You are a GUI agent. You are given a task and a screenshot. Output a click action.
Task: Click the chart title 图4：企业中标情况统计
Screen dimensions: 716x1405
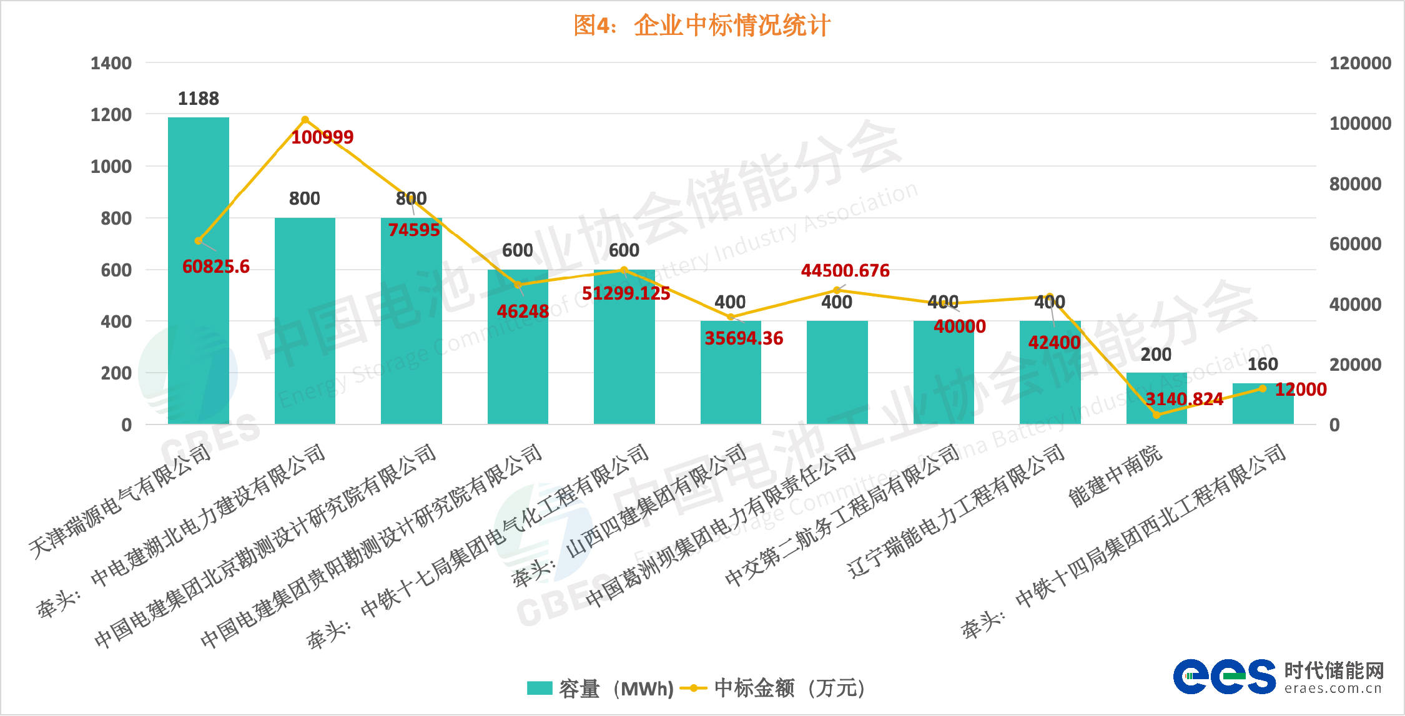pos(701,26)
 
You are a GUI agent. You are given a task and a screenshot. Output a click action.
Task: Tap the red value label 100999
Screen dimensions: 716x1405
pos(322,137)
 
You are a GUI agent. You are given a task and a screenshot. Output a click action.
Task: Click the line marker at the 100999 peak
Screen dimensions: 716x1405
pos(305,120)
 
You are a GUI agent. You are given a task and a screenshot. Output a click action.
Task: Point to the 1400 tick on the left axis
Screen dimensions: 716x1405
pos(111,63)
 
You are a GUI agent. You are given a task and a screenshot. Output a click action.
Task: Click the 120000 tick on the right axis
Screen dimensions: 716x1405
pos(1360,63)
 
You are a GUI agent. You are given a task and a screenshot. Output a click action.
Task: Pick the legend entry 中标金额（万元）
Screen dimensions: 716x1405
pos(774,688)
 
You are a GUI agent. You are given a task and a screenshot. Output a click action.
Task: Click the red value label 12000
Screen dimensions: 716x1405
pos(1300,390)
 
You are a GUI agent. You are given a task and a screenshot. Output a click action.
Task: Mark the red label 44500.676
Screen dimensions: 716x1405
pos(845,270)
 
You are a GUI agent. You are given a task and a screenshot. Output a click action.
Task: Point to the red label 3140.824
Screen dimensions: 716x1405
pos(1184,399)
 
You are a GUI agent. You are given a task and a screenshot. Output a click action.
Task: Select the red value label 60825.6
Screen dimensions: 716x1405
pos(215,267)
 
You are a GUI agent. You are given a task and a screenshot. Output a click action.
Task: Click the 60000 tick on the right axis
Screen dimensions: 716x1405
pos(1355,244)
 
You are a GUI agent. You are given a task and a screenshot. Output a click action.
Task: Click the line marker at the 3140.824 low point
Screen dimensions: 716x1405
pos(1156,415)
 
